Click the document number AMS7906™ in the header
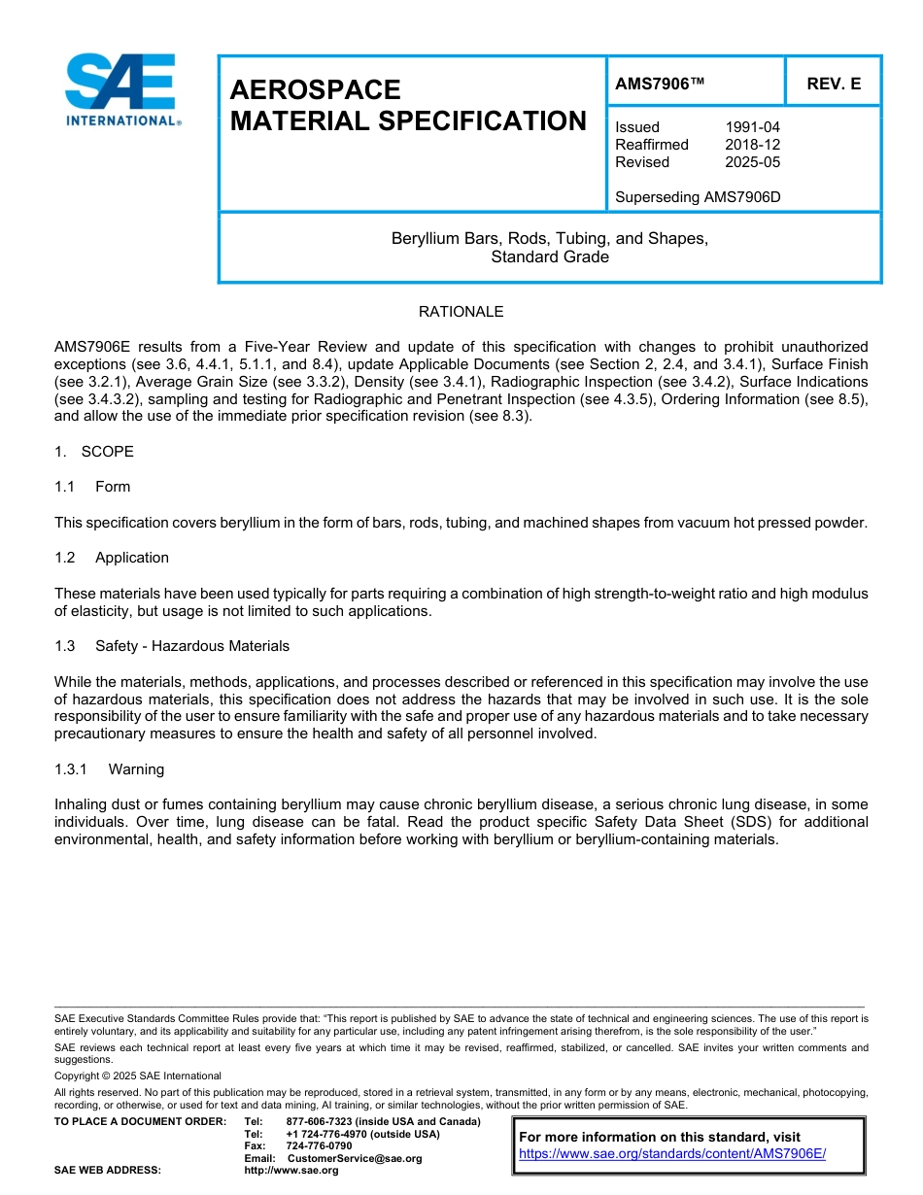click(x=660, y=85)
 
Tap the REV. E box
click(x=834, y=85)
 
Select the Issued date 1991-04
click(x=752, y=127)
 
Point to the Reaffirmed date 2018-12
click(x=752, y=145)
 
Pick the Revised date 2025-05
click(x=752, y=162)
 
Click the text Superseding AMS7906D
click(x=698, y=197)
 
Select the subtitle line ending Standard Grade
click(x=550, y=257)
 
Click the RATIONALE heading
click(x=461, y=312)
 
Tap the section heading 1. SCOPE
click(x=94, y=452)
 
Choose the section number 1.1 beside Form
click(x=65, y=487)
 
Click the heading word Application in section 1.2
click(x=132, y=558)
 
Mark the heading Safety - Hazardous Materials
click(x=192, y=646)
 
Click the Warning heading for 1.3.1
click(x=136, y=769)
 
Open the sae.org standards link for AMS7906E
click(x=671, y=1153)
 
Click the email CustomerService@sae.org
click(x=355, y=1158)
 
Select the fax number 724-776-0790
click(x=319, y=1146)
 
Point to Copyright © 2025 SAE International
click(x=138, y=1075)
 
